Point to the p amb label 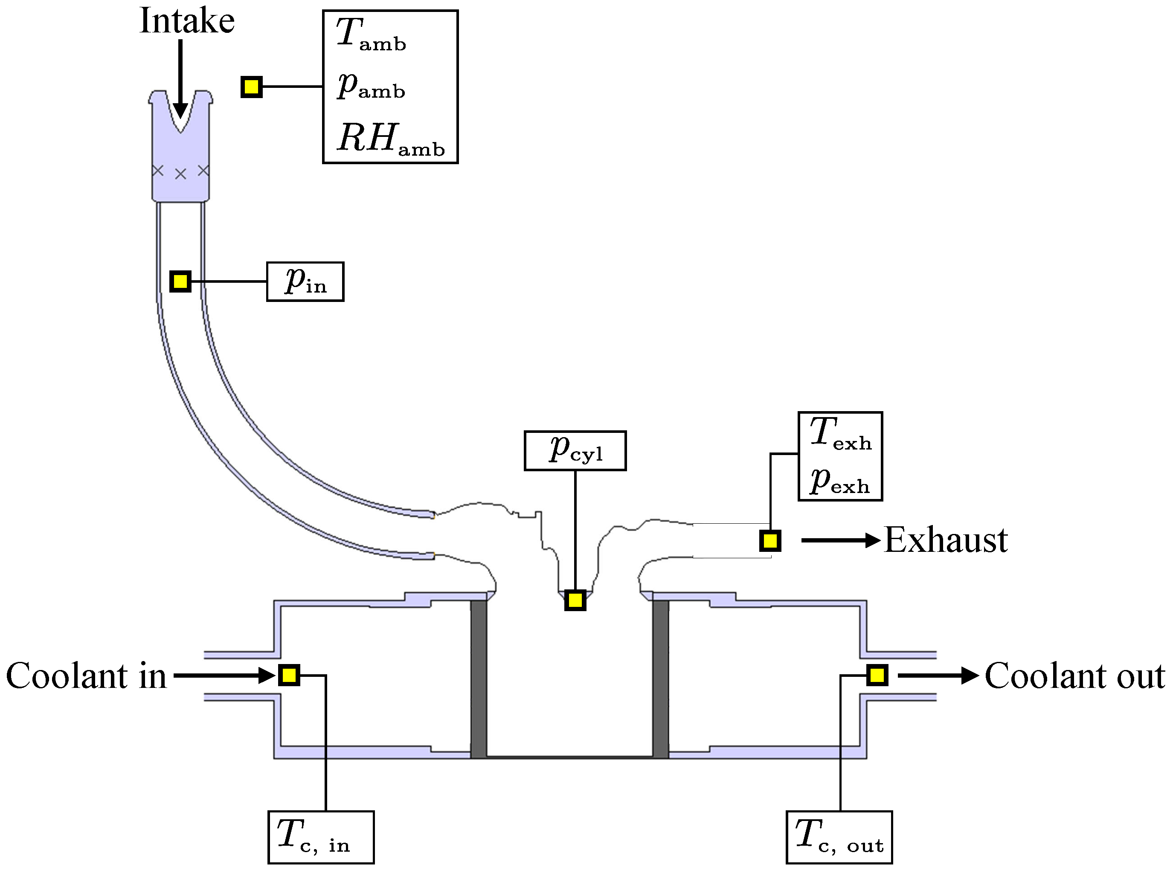click(x=371, y=86)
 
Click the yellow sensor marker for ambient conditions click(x=252, y=87)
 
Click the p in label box click(x=305, y=281)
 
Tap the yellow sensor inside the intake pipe click(x=180, y=281)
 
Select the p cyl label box click(x=575, y=450)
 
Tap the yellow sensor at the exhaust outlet click(x=770, y=541)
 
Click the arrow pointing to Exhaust click(x=840, y=540)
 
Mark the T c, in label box click(x=321, y=837)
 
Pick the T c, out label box click(x=839, y=837)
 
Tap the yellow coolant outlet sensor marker click(x=877, y=675)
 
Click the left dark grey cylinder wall click(x=479, y=679)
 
